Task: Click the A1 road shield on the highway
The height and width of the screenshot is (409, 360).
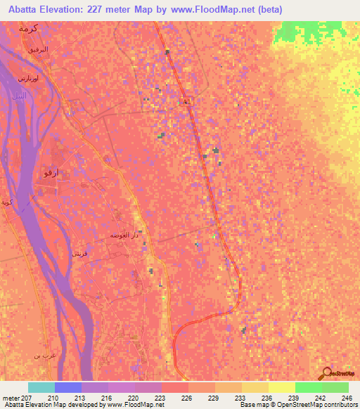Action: click(187, 103)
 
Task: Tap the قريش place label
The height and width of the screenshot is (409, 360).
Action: click(79, 253)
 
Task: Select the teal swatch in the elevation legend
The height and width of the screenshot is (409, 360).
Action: click(41, 387)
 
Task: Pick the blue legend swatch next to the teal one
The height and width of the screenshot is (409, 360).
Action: click(68, 387)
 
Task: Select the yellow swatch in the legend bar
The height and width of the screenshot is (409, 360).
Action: click(281, 387)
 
